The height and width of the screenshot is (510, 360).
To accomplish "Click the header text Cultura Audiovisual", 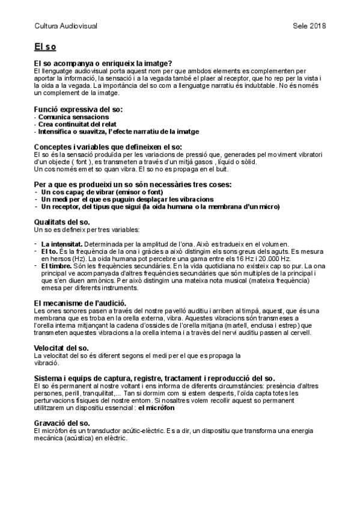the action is click(66, 26).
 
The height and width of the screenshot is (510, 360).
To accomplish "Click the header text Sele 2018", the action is click(310, 26).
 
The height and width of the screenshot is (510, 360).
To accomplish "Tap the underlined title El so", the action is click(46, 46).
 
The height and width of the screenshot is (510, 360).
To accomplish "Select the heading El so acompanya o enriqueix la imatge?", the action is click(103, 63).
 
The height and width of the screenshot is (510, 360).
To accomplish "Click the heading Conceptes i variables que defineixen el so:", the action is click(108, 147).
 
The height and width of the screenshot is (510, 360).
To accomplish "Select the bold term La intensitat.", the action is click(63, 243).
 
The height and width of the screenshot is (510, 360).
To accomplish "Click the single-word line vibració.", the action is click(46, 363).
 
